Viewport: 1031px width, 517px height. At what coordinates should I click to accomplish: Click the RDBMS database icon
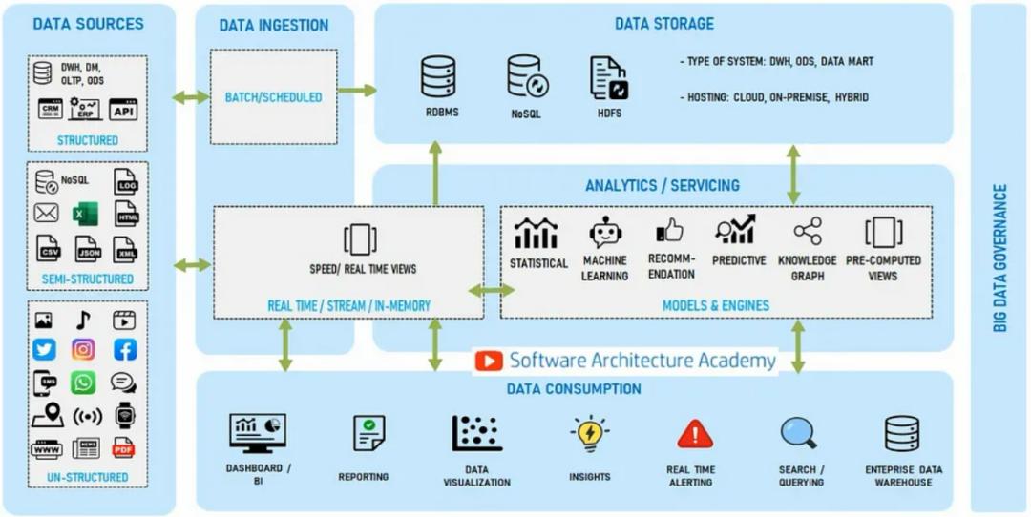click(438, 76)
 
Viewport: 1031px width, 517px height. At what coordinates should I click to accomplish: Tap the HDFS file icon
click(608, 77)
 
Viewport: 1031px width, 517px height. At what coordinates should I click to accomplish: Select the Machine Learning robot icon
click(605, 232)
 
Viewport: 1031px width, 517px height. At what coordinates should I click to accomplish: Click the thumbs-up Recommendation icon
click(670, 230)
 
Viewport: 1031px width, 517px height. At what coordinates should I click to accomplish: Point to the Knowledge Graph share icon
click(808, 231)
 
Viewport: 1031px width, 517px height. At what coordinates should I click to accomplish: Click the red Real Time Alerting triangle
click(695, 435)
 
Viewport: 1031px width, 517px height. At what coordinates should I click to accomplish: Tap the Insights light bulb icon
click(590, 434)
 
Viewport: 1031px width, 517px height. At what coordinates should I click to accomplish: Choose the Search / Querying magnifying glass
click(799, 433)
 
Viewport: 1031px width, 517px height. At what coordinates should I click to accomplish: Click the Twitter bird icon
click(45, 350)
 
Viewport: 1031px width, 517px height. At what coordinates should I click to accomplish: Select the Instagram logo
click(84, 350)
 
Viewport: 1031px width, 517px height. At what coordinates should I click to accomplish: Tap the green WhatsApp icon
click(84, 383)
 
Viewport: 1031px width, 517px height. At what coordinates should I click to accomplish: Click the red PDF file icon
click(123, 447)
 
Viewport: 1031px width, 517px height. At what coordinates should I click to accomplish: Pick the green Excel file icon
click(85, 214)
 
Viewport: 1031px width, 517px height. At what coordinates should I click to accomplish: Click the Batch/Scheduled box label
click(273, 97)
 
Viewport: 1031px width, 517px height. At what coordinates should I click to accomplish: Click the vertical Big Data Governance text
click(1000, 258)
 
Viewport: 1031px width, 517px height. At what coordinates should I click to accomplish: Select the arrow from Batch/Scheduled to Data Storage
click(357, 91)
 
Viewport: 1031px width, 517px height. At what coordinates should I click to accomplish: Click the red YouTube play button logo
click(489, 361)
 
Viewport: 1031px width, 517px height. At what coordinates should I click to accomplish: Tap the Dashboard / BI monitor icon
click(258, 433)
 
